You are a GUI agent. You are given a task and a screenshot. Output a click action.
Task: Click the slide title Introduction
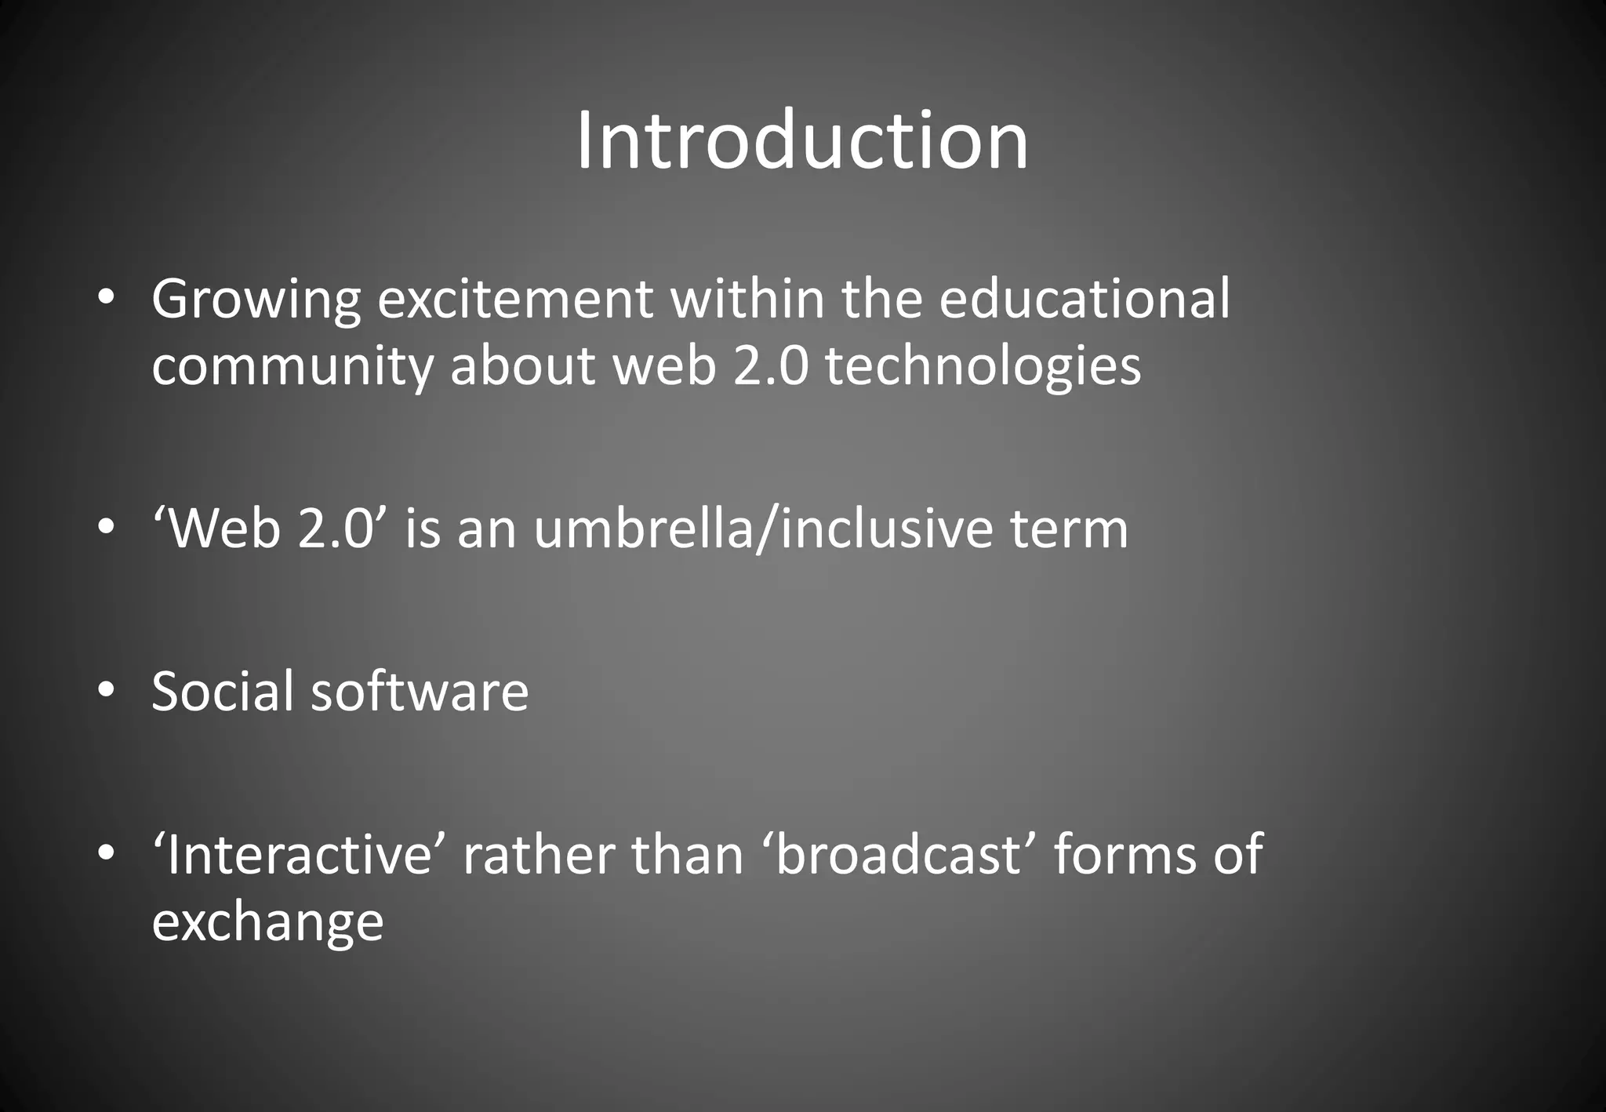pos(801,141)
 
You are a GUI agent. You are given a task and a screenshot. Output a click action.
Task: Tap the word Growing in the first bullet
pos(256,300)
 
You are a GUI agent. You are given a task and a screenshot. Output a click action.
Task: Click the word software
pos(420,691)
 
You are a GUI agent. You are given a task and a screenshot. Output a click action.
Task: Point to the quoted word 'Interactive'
pos(299,854)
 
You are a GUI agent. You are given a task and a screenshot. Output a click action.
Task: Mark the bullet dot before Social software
pos(107,690)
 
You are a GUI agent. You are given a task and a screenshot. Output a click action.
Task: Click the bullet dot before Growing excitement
pos(107,298)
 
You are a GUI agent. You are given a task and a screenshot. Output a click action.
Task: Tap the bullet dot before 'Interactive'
pos(107,852)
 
